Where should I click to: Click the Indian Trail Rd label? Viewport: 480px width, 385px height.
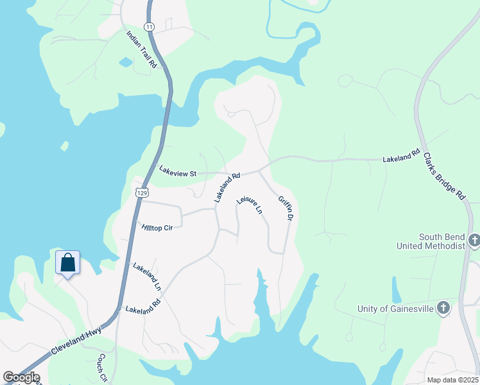coord(142,49)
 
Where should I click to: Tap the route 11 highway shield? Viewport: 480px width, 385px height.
coord(149,26)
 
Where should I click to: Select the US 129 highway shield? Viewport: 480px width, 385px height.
coord(142,193)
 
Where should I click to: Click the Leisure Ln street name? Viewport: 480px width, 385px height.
coord(250,205)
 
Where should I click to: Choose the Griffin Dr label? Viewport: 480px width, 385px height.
coord(286,210)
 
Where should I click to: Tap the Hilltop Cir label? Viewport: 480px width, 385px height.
coord(157,227)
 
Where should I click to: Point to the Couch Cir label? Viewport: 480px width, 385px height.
coord(102,368)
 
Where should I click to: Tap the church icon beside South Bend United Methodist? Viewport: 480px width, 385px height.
coord(474,241)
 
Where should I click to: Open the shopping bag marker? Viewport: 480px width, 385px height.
coord(67,262)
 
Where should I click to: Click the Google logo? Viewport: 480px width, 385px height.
coord(21,377)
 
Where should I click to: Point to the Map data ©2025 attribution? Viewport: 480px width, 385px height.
coord(452,380)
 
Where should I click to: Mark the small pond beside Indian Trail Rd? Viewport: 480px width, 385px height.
coord(126,62)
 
